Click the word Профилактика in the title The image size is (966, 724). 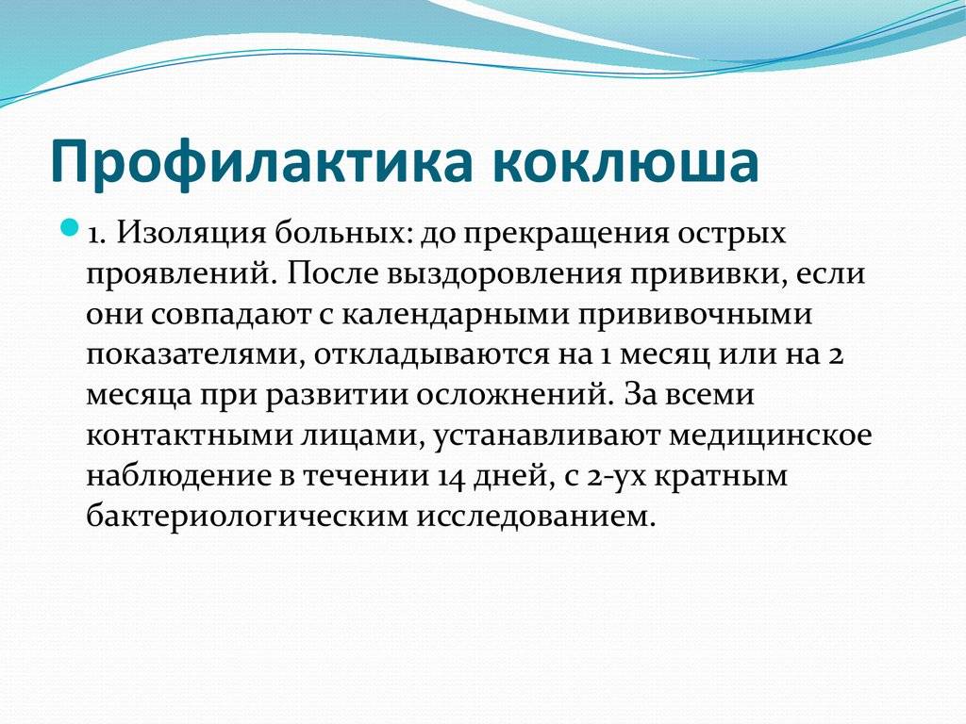click(261, 162)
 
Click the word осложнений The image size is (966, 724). click(511, 395)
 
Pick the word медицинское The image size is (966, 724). click(771, 436)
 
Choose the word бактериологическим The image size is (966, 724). click(247, 517)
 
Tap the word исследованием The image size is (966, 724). click(536, 517)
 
